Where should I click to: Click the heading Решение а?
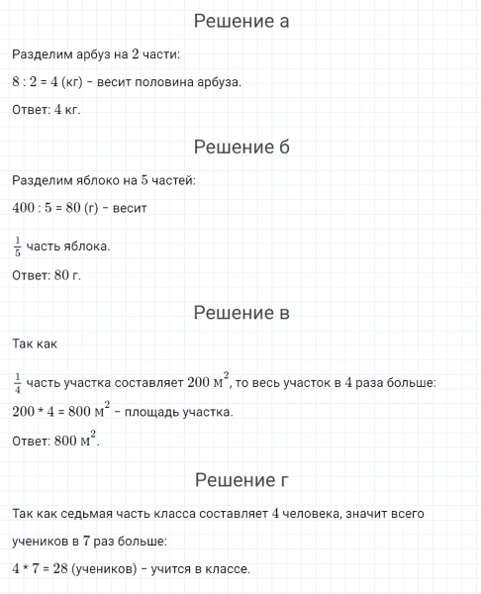point(241,21)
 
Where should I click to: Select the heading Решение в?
point(241,314)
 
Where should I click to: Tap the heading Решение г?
point(241,481)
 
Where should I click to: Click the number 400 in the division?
point(24,209)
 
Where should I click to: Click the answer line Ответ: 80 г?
point(47,274)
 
